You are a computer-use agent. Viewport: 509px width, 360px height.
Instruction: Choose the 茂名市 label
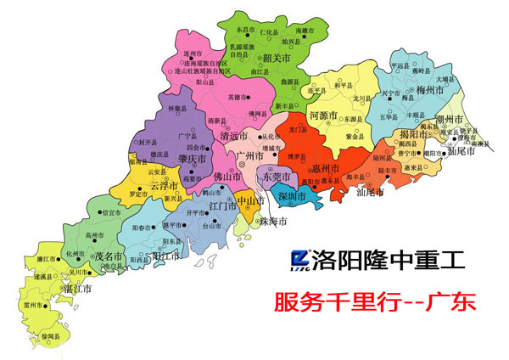[108, 255]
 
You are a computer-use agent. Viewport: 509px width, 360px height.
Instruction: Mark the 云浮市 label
[163, 184]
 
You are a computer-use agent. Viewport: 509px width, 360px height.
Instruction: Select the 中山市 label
[248, 201]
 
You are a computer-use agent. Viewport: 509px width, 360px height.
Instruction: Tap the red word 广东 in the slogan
[453, 301]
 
